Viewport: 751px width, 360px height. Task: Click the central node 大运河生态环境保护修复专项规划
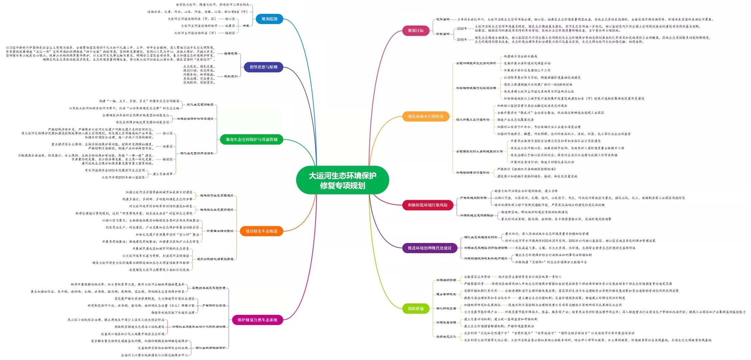click(342, 180)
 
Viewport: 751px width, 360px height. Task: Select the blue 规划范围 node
click(269, 19)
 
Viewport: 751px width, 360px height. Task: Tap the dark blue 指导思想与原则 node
click(263, 67)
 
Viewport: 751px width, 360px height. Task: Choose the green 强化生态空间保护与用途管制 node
click(251, 139)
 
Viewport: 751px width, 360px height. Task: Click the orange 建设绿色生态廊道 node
click(261, 231)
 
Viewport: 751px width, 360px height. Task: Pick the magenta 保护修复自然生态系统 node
click(257, 320)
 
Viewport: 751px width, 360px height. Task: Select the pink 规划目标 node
click(416, 31)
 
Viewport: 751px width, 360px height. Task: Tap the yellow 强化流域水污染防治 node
click(426, 116)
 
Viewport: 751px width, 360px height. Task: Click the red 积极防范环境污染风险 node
click(428, 205)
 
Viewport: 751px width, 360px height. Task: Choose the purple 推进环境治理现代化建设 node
click(429, 248)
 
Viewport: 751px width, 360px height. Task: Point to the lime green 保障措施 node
click(416, 309)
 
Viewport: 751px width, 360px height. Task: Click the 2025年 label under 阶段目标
click(462, 29)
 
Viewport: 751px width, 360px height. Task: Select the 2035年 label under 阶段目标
click(462, 40)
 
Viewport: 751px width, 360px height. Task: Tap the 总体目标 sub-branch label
click(443, 19)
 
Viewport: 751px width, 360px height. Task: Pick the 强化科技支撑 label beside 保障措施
click(446, 308)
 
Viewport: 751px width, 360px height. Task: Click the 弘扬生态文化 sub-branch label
click(446, 337)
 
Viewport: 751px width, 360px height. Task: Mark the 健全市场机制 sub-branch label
click(446, 294)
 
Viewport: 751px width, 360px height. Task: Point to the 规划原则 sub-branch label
click(231, 76)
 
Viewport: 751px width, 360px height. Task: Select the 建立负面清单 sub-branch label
click(163, 174)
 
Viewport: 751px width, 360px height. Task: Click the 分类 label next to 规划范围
click(246, 26)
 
